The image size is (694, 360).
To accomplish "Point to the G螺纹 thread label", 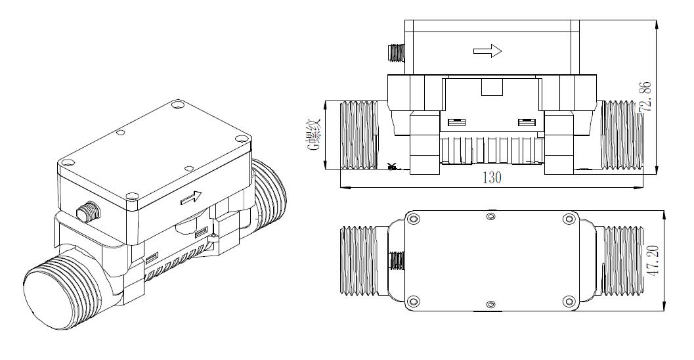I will [314, 135].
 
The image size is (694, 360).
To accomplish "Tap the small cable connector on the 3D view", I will [85, 212].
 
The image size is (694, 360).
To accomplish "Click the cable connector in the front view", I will [396, 54].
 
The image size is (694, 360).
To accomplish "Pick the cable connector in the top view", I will [395, 262].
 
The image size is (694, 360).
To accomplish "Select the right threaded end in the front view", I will [621, 135].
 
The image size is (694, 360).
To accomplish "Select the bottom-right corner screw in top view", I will [569, 302].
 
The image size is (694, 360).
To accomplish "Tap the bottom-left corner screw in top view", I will [413, 302].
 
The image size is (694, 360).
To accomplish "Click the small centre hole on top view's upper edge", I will [490, 216].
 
